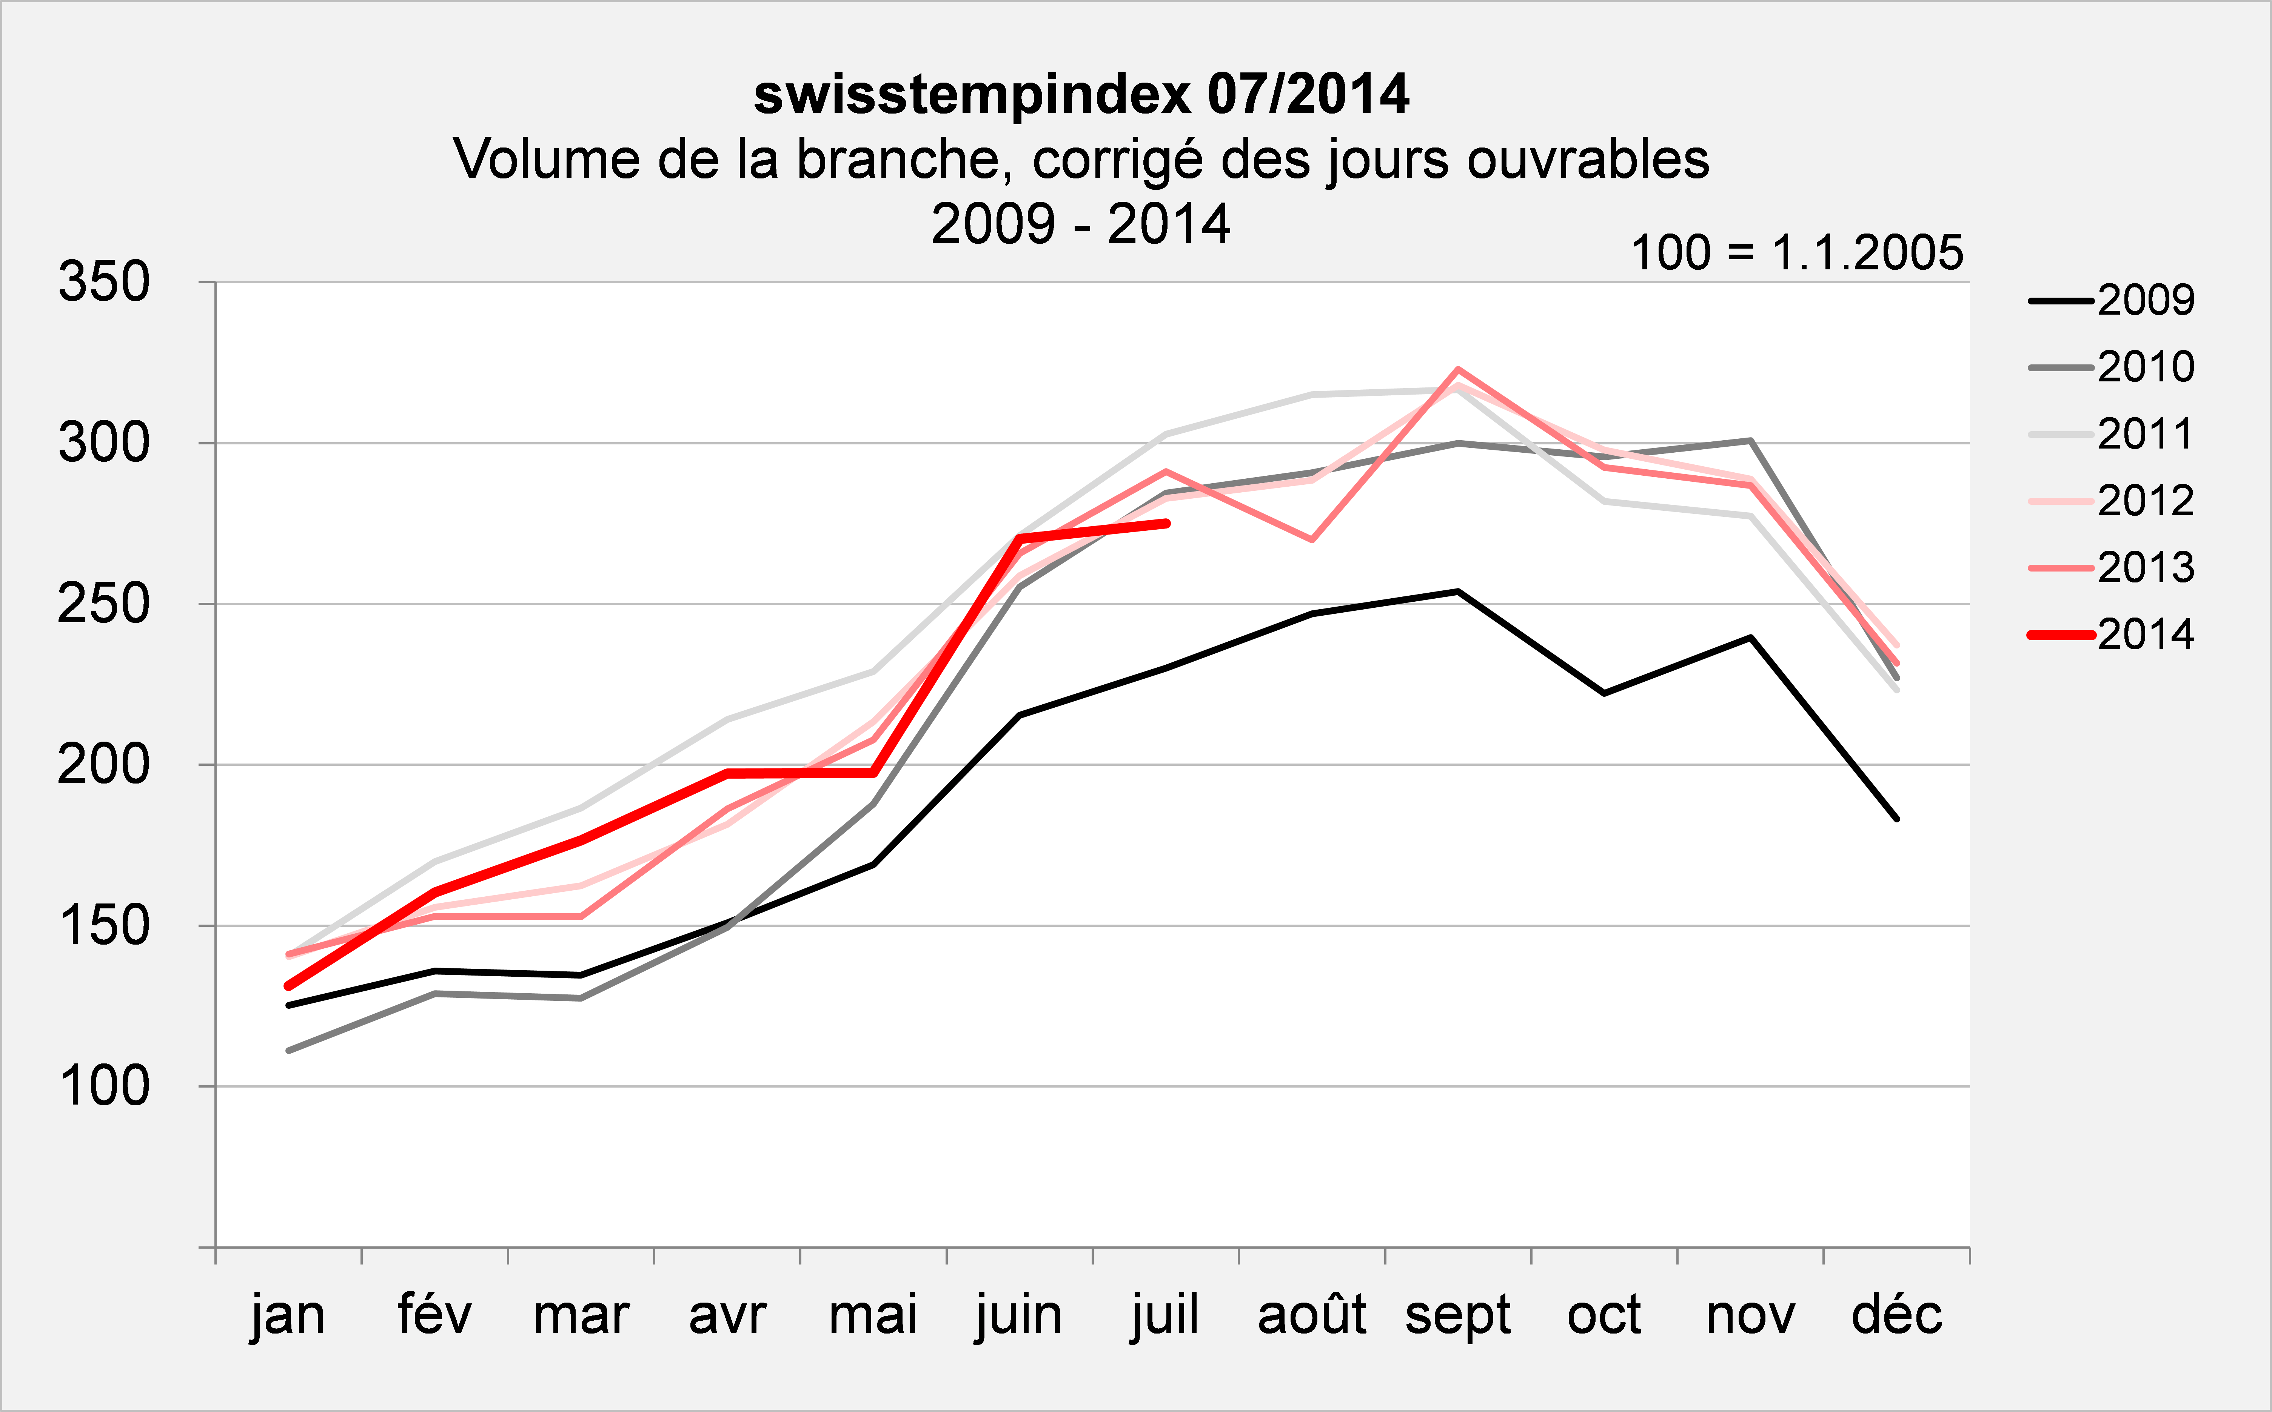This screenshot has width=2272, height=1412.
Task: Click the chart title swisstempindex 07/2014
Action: [1081, 94]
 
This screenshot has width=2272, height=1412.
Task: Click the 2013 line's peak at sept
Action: [1458, 370]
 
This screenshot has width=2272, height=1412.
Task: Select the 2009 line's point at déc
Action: [1896, 819]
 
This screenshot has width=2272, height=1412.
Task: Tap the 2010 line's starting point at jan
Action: [289, 1051]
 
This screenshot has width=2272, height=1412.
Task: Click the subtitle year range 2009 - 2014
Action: [1081, 224]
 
